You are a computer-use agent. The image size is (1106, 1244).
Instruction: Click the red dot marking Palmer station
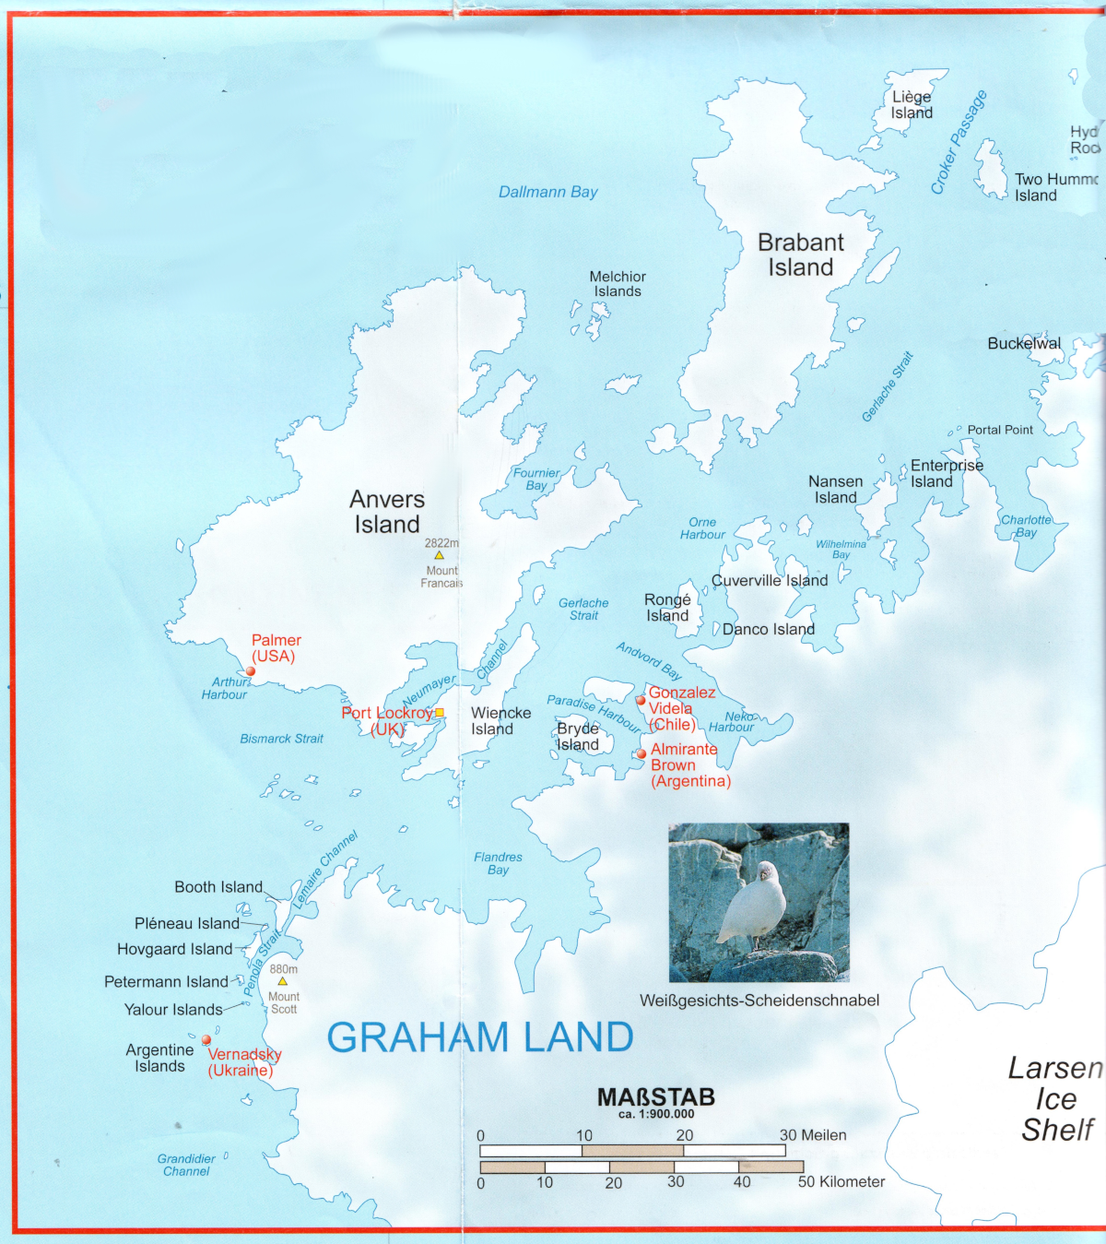[251, 671]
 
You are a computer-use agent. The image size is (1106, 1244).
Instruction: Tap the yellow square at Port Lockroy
[440, 712]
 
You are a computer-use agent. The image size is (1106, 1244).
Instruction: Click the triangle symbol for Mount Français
[440, 555]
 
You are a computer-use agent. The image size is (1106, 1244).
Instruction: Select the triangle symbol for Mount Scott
[283, 981]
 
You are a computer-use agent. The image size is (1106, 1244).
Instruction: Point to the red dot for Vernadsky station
[206, 1040]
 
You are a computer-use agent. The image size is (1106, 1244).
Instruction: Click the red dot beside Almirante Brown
[641, 753]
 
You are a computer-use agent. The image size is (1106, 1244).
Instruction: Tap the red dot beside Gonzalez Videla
[641, 700]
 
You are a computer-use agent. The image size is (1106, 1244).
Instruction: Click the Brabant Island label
[800, 255]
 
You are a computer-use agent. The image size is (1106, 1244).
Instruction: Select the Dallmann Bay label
[547, 192]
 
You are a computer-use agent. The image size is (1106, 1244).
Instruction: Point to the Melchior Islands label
[618, 284]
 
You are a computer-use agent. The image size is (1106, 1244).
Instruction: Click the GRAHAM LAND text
[479, 1037]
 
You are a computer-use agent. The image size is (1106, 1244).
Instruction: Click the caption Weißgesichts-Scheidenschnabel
[759, 1001]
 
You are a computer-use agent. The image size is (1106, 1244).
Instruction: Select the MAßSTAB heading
[655, 1097]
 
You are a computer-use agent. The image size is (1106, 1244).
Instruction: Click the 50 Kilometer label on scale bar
[841, 1181]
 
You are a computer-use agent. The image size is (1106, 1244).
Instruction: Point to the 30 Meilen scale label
[812, 1135]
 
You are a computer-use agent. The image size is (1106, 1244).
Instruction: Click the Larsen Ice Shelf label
[1055, 1098]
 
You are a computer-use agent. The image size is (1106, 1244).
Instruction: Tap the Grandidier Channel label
[186, 1165]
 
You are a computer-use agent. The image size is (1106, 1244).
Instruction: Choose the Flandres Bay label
[498, 863]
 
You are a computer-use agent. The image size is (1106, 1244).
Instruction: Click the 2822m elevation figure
[441, 543]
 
